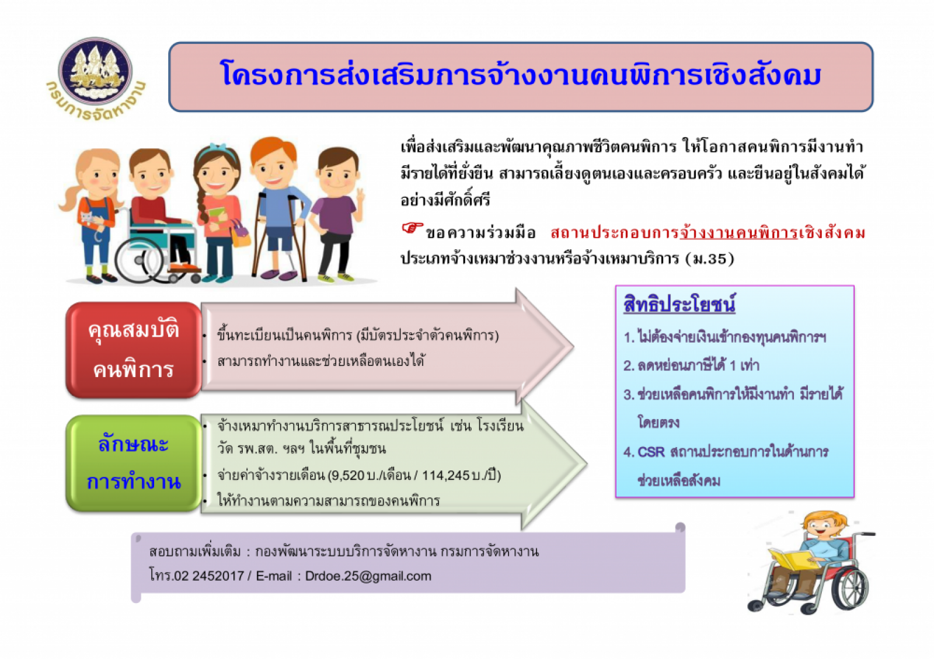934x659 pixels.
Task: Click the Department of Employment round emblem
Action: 95,71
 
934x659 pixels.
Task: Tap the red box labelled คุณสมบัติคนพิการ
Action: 134,350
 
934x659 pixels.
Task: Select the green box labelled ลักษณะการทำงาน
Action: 134,463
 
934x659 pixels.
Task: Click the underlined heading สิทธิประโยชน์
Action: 679,304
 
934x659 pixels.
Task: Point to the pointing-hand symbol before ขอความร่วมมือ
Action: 412,229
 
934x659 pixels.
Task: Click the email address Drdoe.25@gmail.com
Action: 368,576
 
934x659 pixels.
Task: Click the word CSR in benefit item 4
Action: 651,452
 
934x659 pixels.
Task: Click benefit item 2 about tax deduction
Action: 691,365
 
